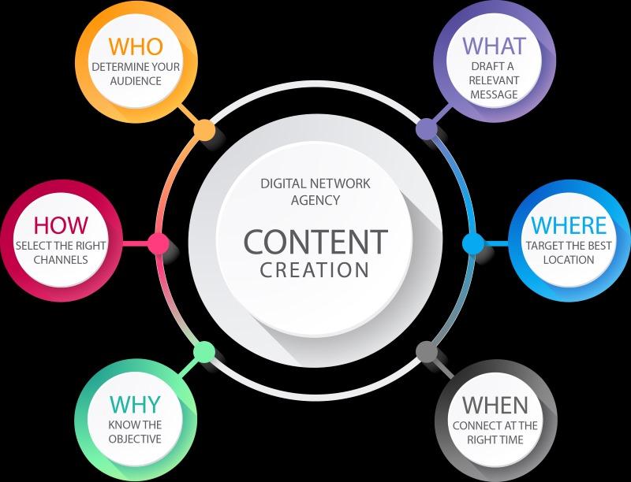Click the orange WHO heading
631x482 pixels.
point(136,46)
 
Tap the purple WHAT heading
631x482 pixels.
point(495,46)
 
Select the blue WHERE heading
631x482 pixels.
point(569,225)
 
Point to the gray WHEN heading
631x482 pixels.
point(495,405)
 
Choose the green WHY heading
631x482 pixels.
point(135,404)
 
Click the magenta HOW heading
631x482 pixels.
point(61,225)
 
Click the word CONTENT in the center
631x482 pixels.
point(315,242)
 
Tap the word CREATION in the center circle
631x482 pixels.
point(315,270)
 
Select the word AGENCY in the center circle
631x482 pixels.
point(315,200)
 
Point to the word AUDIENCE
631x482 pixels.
point(136,81)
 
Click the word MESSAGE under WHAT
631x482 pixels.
point(494,95)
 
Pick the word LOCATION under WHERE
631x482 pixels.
point(569,260)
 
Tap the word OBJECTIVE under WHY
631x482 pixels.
point(135,439)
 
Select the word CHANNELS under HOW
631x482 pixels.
point(61,260)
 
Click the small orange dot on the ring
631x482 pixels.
point(204,130)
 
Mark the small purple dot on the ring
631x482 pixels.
point(427,129)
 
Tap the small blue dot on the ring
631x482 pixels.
point(473,243)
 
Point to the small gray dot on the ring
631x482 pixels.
point(427,352)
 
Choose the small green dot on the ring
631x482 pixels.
point(204,352)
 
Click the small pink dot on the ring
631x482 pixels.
point(159,243)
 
